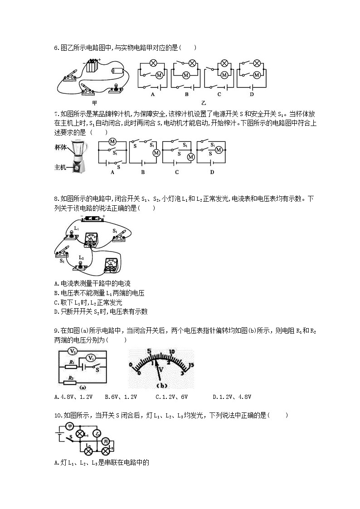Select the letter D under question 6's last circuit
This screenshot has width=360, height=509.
tap(251, 94)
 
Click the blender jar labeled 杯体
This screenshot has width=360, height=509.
tap(80, 148)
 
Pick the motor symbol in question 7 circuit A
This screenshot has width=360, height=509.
tap(112, 141)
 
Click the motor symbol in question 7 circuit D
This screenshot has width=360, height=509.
tap(218, 150)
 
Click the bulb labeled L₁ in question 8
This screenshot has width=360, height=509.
tap(71, 233)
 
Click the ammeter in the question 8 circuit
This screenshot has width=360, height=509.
tap(92, 239)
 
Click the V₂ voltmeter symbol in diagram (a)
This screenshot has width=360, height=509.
tap(73, 351)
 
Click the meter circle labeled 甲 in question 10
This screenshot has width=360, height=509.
tap(69, 426)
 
